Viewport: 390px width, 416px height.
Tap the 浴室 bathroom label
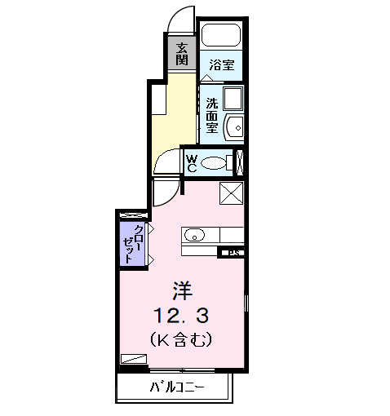click(x=220, y=64)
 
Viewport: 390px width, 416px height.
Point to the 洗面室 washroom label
click(x=212, y=115)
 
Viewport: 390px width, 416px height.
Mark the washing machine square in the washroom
click(x=232, y=100)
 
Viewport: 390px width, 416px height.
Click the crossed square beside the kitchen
click(x=233, y=196)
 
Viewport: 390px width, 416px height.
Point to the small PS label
click(x=233, y=252)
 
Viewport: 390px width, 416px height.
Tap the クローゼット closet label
click(x=132, y=241)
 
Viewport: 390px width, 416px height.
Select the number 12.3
click(x=182, y=313)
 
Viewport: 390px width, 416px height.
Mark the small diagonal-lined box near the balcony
click(x=134, y=358)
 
